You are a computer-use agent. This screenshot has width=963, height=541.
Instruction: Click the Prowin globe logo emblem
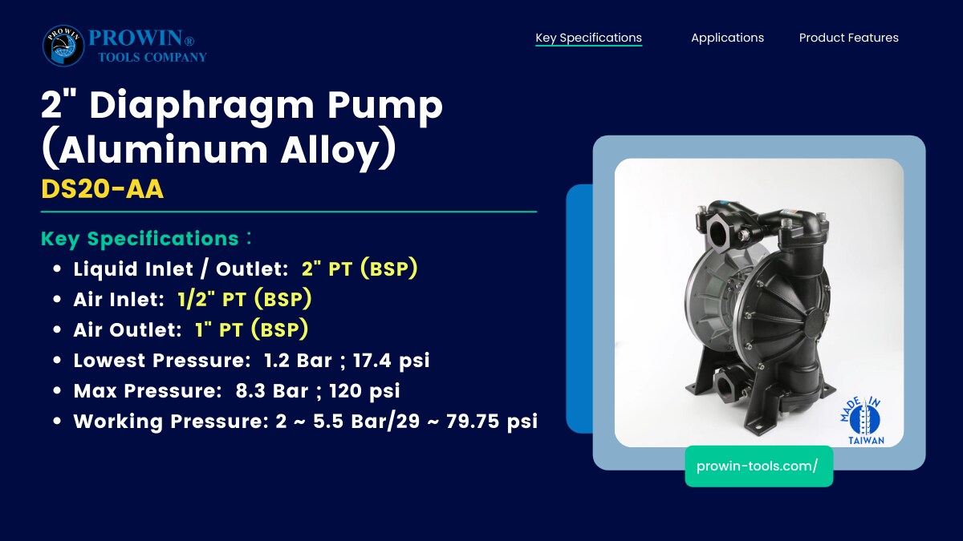click(x=63, y=46)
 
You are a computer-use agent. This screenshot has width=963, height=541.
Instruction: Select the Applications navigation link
click(x=727, y=38)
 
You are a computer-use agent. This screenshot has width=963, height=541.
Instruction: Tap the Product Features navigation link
click(x=849, y=38)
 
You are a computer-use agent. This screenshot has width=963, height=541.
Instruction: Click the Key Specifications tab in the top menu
click(x=588, y=38)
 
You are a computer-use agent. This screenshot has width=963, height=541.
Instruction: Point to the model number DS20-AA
click(x=103, y=189)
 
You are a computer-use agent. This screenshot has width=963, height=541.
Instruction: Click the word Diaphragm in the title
click(x=201, y=106)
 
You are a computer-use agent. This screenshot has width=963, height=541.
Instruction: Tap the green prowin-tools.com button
click(x=759, y=466)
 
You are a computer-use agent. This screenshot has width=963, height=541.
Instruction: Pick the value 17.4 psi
click(x=392, y=360)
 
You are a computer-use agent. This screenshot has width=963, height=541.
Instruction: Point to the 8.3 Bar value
click(x=272, y=391)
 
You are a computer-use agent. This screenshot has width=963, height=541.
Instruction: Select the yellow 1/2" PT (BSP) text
click(x=245, y=299)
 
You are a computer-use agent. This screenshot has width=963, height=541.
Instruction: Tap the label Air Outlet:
click(x=128, y=330)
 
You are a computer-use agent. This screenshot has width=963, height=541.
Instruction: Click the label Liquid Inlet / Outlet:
click(x=181, y=269)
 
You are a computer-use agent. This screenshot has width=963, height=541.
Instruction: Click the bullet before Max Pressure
click(x=57, y=391)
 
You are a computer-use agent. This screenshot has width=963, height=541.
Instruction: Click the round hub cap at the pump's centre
click(x=815, y=323)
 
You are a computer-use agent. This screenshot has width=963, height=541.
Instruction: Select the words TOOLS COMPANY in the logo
click(x=152, y=57)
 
